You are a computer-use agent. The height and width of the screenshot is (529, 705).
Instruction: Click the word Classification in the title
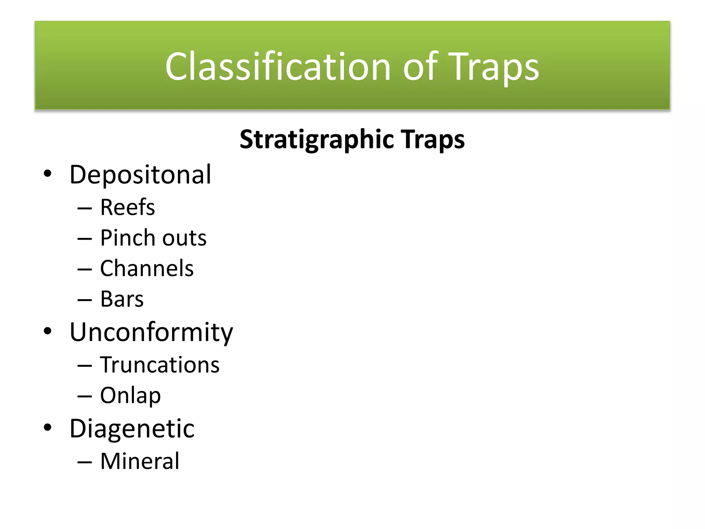277,66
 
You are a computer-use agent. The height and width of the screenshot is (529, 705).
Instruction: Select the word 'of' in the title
420,66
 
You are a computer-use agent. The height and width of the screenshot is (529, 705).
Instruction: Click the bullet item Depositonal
140,175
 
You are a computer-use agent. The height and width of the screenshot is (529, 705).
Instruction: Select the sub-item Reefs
127,207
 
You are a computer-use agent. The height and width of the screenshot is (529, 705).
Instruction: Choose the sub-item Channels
147,269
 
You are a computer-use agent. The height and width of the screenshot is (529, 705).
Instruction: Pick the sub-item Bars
122,299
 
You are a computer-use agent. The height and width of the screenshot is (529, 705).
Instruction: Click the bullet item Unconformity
151,332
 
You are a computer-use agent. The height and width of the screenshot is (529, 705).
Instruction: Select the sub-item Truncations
160,365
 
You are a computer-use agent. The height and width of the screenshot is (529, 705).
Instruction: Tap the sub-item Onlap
130,396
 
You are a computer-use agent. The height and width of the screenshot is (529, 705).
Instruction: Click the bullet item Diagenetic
132,429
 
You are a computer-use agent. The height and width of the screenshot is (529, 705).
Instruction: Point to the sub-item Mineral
140,461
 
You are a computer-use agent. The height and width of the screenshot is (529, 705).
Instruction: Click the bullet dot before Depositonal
48,173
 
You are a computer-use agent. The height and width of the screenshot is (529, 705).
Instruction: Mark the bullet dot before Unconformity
48,331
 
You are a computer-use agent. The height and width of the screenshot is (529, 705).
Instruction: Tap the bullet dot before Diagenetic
48,427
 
